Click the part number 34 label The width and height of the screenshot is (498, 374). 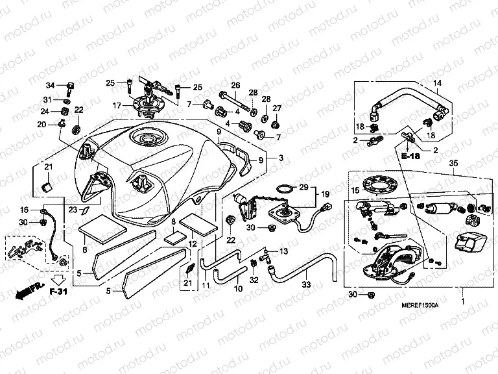(49, 85)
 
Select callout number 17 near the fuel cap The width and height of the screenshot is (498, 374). (117, 105)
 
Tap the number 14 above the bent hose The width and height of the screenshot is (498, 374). (436, 83)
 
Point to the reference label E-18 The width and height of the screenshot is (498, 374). (410, 158)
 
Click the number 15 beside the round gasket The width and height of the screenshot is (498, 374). (355, 192)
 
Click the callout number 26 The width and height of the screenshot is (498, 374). (235, 85)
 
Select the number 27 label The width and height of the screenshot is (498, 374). (276, 108)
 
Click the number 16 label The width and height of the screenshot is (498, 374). (24, 210)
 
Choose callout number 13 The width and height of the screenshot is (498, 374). (283, 251)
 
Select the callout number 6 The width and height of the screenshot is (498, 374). (84, 249)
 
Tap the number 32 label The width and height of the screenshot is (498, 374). (254, 280)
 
